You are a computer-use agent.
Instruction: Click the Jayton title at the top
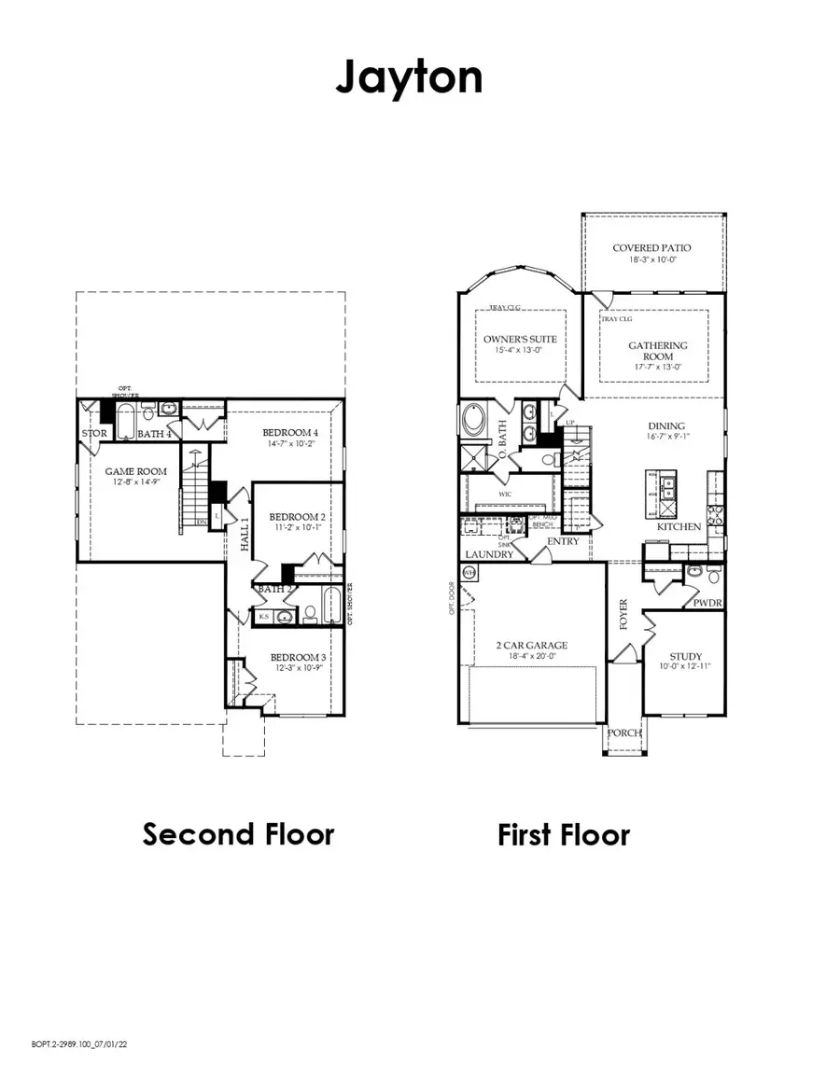coord(409,77)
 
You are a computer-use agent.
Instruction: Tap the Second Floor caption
coord(238,833)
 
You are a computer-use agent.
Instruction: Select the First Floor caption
coord(564,833)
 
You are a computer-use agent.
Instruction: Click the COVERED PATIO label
coord(652,248)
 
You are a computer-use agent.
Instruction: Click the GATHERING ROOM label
coord(657,351)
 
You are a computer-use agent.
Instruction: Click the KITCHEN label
coord(679,527)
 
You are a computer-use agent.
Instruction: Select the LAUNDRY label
coord(489,554)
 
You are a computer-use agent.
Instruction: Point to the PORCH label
coord(624,732)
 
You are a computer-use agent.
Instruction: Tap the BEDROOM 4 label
coord(290,432)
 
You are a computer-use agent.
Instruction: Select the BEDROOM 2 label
coord(297,517)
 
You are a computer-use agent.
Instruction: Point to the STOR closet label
coord(93,434)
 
